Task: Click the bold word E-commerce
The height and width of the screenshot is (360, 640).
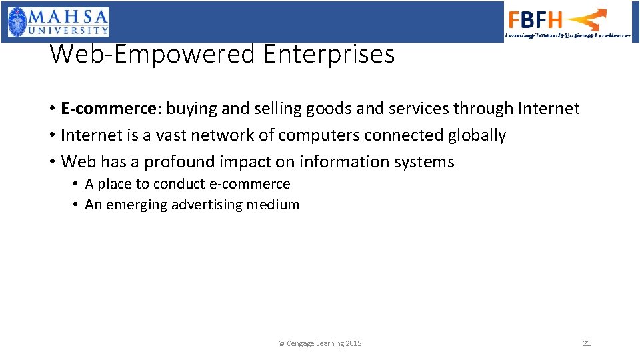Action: pos(108,109)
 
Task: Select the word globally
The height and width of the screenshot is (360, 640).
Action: pos(477,135)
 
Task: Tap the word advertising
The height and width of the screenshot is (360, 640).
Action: pos(207,205)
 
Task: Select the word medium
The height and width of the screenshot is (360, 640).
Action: pos(273,205)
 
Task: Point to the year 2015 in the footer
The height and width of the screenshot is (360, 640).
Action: pos(354,343)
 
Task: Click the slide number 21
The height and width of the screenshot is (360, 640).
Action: pos(587,343)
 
